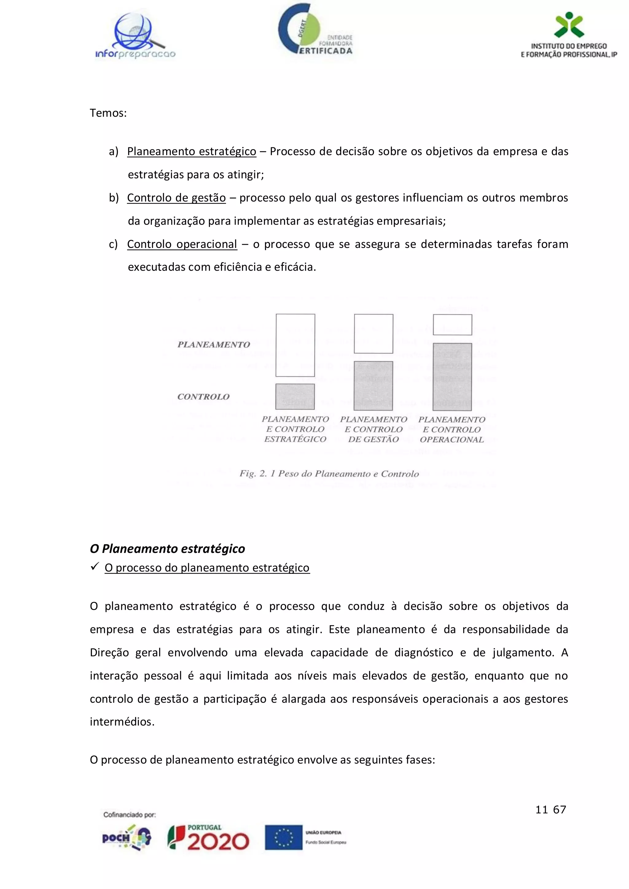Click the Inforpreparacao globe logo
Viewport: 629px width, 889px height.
pyautogui.click(x=135, y=36)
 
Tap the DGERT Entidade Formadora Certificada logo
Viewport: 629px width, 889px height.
pyautogui.click(x=315, y=32)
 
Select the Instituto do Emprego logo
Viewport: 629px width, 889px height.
pyautogui.click(x=568, y=36)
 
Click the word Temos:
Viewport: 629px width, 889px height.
pyautogui.click(x=108, y=113)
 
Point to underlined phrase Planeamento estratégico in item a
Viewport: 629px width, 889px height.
pyautogui.click(x=191, y=151)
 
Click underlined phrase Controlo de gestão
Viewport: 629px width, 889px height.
pyautogui.click(x=176, y=198)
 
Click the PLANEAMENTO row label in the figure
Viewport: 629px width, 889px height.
pyautogui.click(x=213, y=345)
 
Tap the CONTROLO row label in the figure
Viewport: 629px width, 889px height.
pyautogui.click(x=203, y=397)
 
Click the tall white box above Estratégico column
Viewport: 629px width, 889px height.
pyautogui.click(x=295, y=345)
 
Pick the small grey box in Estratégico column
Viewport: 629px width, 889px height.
pyautogui.click(x=295, y=397)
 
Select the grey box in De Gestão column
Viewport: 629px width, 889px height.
pyautogui.click(x=373, y=386)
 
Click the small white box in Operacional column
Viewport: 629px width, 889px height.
pyautogui.click(x=452, y=324)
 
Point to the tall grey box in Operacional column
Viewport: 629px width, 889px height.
pyautogui.click(x=452, y=376)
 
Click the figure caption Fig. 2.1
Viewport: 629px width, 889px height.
pyautogui.click(x=329, y=474)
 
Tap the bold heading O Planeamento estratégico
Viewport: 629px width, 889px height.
pyautogui.click(x=167, y=549)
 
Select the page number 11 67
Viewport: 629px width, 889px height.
pyautogui.click(x=550, y=809)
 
